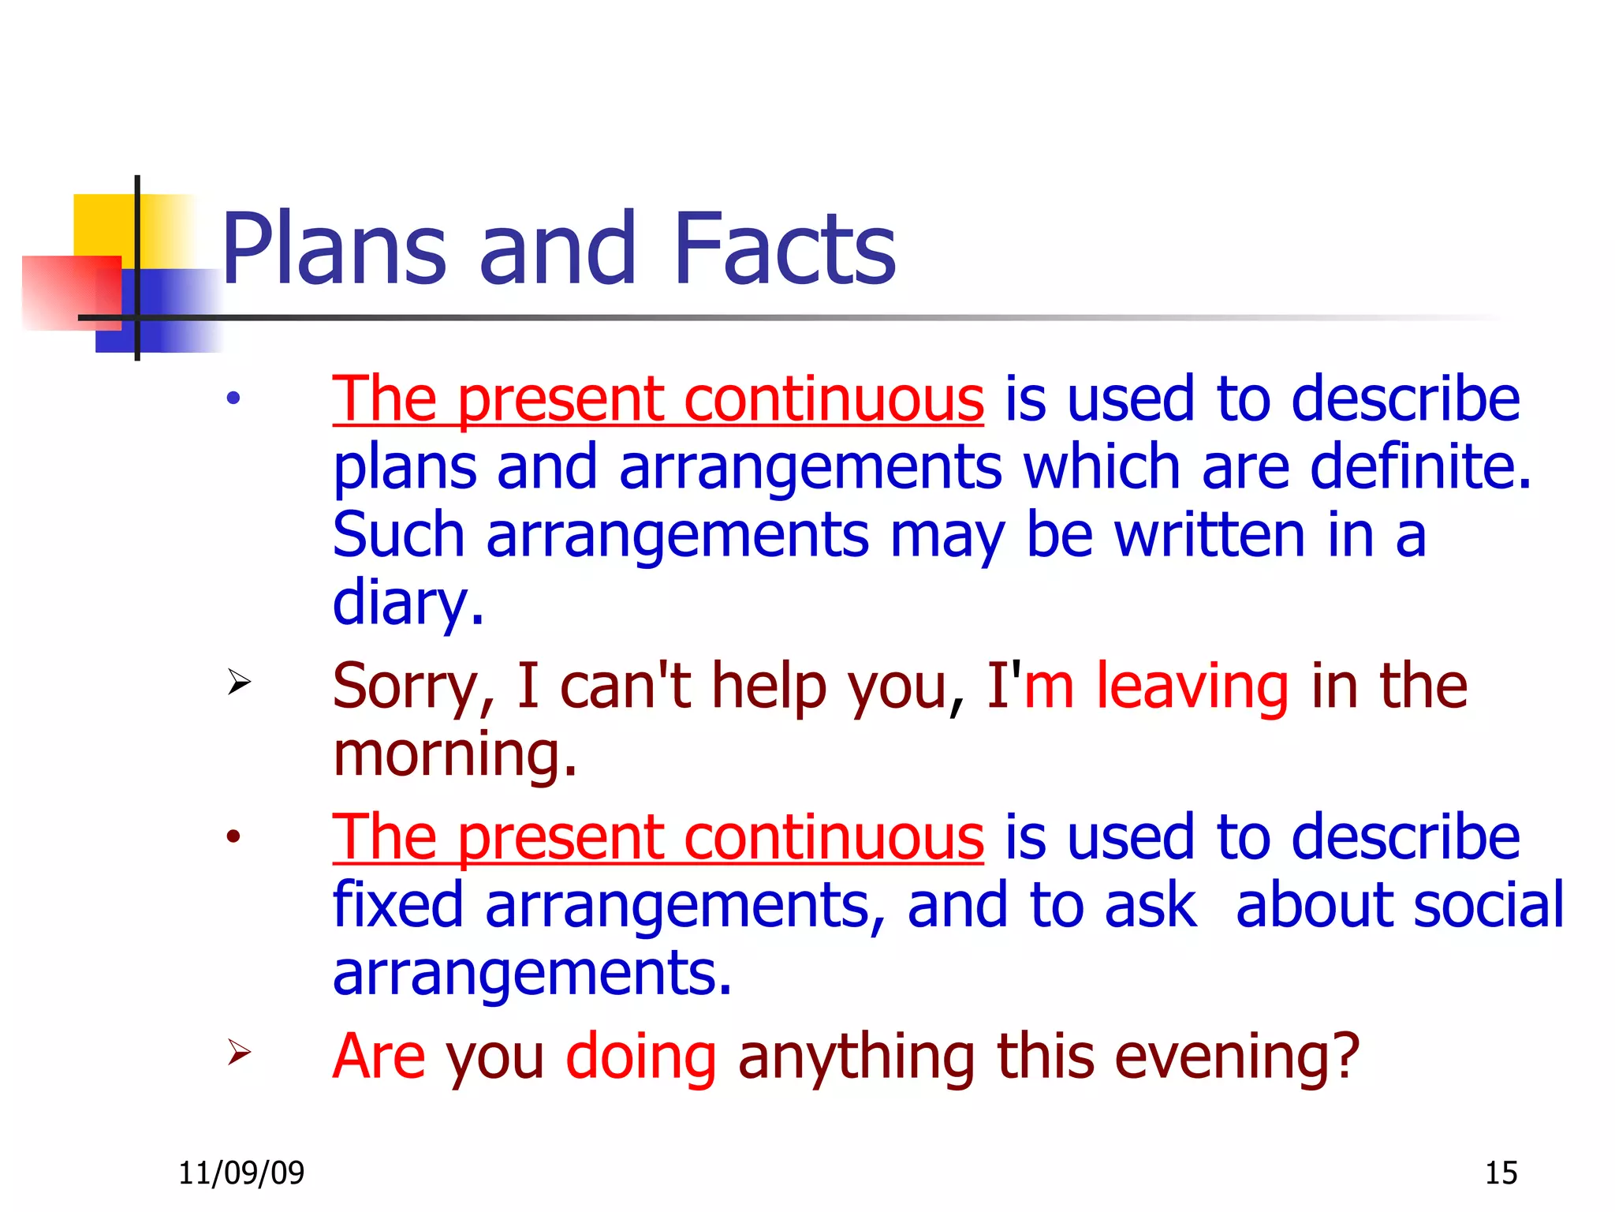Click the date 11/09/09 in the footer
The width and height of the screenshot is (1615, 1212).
(x=241, y=1173)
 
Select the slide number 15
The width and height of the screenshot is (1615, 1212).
(x=1501, y=1173)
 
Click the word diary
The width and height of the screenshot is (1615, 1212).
(x=407, y=604)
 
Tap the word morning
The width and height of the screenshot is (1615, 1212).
(x=454, y=754)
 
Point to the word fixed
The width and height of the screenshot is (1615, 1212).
(x=397, y=904)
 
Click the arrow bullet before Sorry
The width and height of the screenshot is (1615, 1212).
(x=239, y=682)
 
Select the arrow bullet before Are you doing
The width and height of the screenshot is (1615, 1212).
(x=239, y=1053)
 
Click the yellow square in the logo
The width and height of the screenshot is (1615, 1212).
(x=103, y=224)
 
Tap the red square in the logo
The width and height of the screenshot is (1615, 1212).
(x=67, y=292)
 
